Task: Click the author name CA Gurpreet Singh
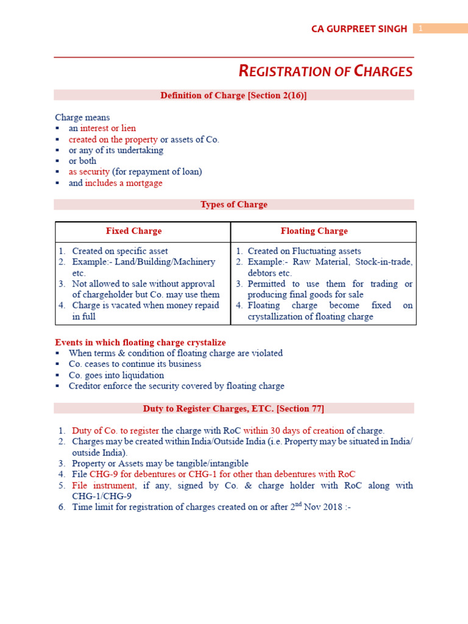point(359,29)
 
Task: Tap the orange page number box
point(440,29)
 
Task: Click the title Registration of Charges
point(325,71)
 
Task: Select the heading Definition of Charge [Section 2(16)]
point(233,95)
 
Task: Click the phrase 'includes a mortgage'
point(124,183)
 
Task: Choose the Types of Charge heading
point(233,205)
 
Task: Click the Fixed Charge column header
point(133,231)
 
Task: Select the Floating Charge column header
point(314,231)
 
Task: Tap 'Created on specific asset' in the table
point(120,251)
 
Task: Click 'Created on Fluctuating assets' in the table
point(304,251)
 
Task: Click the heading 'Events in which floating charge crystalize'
point(140,342)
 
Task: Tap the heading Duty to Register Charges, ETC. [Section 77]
point(233,408)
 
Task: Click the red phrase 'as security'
point(89,172)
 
